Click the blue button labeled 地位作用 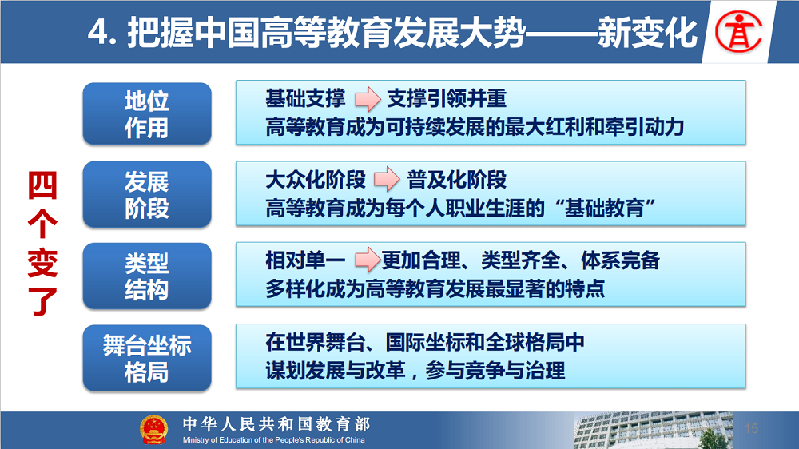click(147, 113)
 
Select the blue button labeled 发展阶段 click(147, 195)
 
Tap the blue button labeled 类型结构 click(147, 276)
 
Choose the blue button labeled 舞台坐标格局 click(147, 358)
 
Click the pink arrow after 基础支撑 click(368, 99)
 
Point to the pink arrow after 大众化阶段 click(387, 180)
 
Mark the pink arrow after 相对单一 click(368, 260)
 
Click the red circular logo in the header click(738, 32)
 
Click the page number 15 click(751, 428)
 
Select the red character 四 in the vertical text click(42, 185)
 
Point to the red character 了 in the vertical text click(42, 301)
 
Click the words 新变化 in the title click(647, 33)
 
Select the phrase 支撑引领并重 click(447, 98)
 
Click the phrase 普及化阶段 click(456, 180)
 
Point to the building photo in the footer click(653, 431)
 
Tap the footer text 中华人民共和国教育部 click(276, 423)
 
